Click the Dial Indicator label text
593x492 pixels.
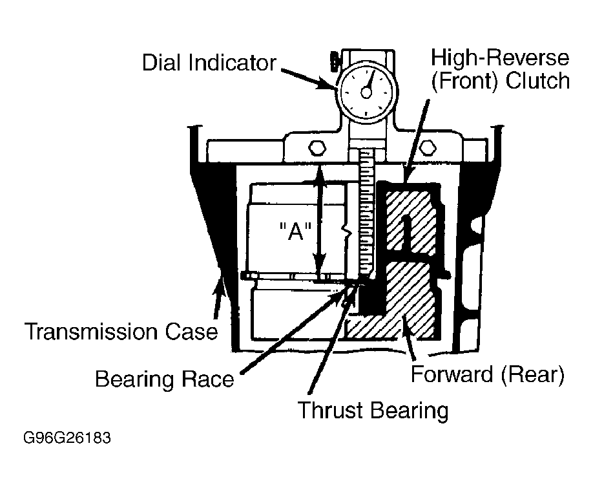pos(209,63)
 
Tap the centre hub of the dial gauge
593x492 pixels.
pos(366,92)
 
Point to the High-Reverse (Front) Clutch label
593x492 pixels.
pos(500,70)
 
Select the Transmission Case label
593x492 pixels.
pos(121,332)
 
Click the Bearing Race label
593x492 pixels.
pos(165,379)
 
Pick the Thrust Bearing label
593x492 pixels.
pos(373,411)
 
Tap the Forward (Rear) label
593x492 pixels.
pos(488,374)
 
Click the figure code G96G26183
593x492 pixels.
pos(67,438)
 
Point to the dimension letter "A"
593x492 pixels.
pos(295,231)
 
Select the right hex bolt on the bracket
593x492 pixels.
pos(428,147)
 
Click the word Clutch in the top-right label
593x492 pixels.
pos(537,81)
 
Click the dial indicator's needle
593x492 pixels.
pos(369,81)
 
